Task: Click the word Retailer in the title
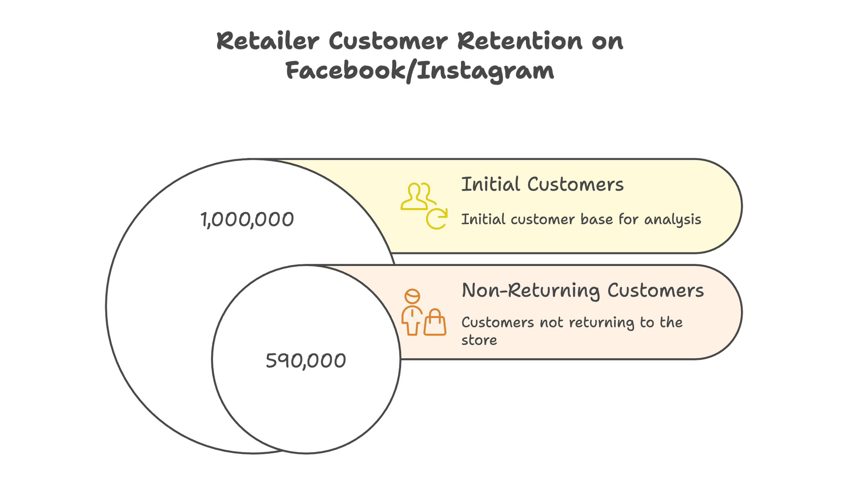[268, 41]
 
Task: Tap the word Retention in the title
[519, 41]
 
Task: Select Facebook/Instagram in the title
[420, 71]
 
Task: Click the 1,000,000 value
[247, 220]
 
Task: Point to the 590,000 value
[306, 360]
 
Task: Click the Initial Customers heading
[542, 185]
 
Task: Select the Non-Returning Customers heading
[582, 291]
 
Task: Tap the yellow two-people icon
[418, 196]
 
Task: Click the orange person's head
[412, 296]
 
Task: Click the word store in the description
[479, 340]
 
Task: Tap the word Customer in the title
[389, 41]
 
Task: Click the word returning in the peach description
[601, 323]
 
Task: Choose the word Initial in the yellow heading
[490, 185]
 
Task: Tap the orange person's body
[412, 321]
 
